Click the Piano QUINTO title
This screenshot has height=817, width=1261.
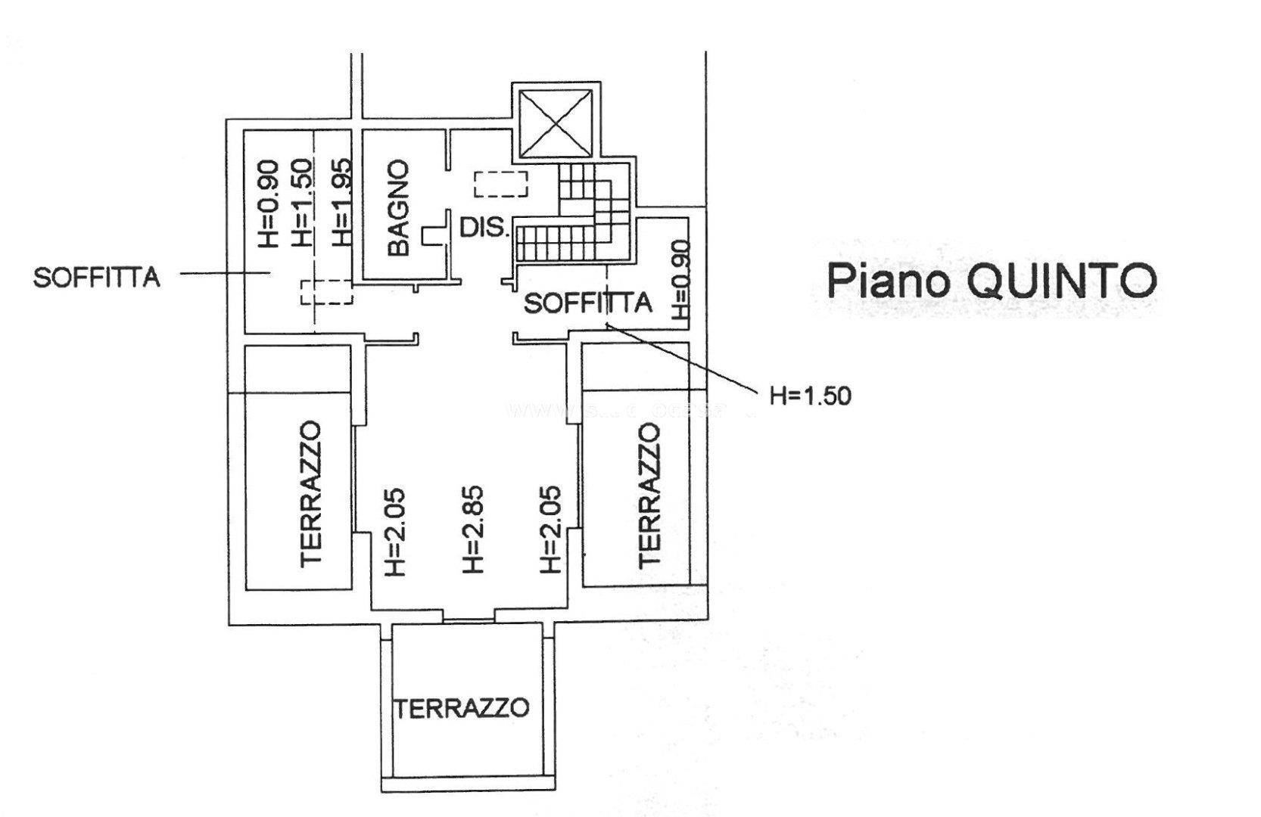991,281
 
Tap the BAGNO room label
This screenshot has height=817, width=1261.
397,207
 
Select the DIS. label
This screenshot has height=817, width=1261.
484,227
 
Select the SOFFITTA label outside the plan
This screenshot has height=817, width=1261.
97,278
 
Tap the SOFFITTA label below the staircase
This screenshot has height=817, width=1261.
588,303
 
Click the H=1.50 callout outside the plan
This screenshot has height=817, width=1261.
810,395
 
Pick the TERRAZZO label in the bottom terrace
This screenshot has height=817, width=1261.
460,708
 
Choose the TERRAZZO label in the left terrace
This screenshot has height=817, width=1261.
313,494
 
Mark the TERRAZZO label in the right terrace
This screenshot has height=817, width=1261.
649,495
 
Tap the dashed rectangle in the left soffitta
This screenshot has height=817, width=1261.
326,292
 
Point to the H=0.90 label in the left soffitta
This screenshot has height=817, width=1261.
269,203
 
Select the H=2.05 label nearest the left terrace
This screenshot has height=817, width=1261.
395,531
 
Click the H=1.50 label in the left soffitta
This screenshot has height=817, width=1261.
300,202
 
